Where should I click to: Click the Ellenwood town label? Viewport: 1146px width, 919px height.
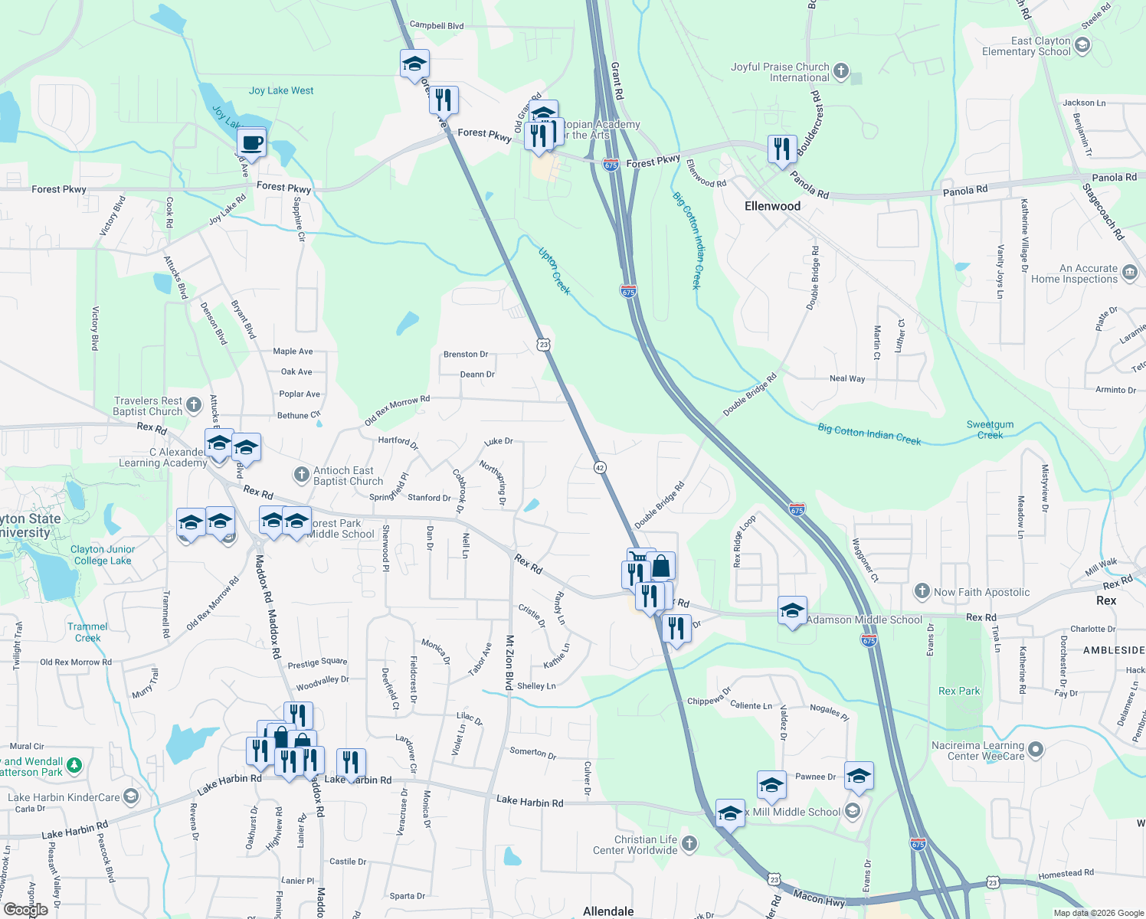point(772,206)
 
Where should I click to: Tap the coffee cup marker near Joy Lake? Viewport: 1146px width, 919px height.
point(251,142)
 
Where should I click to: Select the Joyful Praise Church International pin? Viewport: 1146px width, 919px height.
point(841,71)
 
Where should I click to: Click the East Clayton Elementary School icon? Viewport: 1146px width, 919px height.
point(1082,45)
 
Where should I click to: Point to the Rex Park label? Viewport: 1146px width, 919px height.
point(959,691)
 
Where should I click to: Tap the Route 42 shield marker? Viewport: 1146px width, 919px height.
point(599,467)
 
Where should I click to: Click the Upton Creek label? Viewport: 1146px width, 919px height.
point(555,270)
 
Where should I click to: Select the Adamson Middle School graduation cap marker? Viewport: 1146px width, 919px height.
point(792,611)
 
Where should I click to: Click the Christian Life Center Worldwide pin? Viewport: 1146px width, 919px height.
point(689,844)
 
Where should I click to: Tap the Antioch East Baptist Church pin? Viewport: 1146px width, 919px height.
point(303,475)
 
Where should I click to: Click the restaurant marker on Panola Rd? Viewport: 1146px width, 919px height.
point(781,148)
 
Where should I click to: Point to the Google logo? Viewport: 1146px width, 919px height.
point(26,909)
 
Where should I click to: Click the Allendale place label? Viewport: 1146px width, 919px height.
point(608,911)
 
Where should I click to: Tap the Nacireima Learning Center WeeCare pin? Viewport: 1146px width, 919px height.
point(1036,750)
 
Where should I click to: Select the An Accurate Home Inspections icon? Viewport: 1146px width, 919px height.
point(1129,272)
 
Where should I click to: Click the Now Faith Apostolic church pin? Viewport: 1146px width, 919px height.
point(922,591)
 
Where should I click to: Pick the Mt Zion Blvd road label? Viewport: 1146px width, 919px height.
point(509,662)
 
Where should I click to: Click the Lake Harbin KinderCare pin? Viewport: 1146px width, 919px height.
point(131,796)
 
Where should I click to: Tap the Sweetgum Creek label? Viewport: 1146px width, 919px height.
point(990,430)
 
